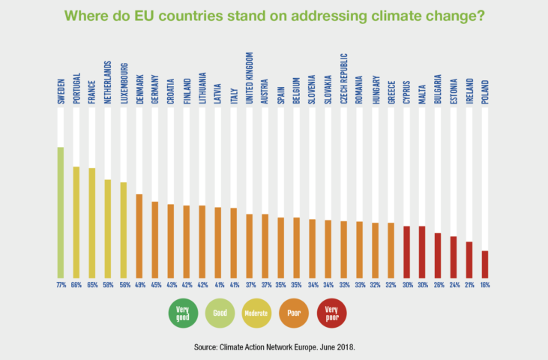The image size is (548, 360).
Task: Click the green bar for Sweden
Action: pyautogui.click(x=61, y=212)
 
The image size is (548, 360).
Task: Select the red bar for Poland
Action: pyautogui.click(x=485, y=264)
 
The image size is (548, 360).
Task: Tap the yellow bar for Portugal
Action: pyautogui.click(x=76, y=222)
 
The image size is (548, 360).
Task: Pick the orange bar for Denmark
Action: pyautogui.click(x=139, y=235)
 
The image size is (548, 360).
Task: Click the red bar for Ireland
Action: pyautogui.click(x=469, y=259)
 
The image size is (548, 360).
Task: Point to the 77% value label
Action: pyautogui.click(x=61, y=285)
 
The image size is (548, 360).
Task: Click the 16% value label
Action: pyautogui.click(x=485, y=285)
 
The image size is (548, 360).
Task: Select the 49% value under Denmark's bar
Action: pyautogui.click(x=139, y=285)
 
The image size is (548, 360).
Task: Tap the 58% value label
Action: pyautogui.click(x=108, y=285)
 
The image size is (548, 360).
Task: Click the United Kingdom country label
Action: pyautogui.click(x=250, y=82)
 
